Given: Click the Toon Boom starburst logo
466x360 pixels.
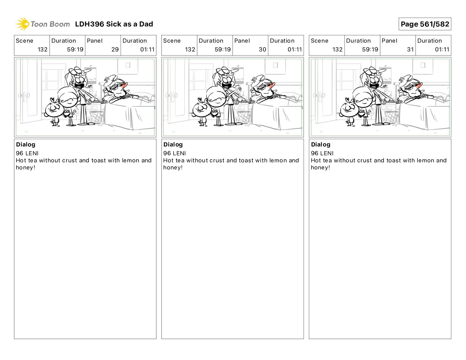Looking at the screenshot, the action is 22,24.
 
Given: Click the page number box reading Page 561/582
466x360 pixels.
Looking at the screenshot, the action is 425,24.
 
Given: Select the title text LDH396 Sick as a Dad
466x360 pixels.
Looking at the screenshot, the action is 114,24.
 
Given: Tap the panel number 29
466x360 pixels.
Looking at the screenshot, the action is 115,49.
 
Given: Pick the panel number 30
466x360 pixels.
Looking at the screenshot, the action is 262,49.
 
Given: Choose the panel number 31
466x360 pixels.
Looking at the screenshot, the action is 410,49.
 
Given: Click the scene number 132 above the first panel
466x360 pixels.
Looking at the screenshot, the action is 42,49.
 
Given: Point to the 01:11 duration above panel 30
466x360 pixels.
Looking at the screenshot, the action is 295,49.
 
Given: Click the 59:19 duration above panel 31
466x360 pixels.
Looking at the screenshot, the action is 370,49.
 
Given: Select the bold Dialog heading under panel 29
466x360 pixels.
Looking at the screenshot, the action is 26,144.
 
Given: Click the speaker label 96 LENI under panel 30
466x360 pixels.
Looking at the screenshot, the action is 174,153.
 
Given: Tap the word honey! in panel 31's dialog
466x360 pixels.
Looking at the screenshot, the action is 320,167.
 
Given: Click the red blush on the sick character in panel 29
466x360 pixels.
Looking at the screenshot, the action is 124,86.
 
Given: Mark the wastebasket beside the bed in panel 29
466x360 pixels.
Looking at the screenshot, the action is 96,117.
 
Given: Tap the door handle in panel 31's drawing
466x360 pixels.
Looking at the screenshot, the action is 319,95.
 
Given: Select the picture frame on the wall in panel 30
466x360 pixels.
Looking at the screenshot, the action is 275,65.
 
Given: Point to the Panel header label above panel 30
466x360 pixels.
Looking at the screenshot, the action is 242,41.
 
